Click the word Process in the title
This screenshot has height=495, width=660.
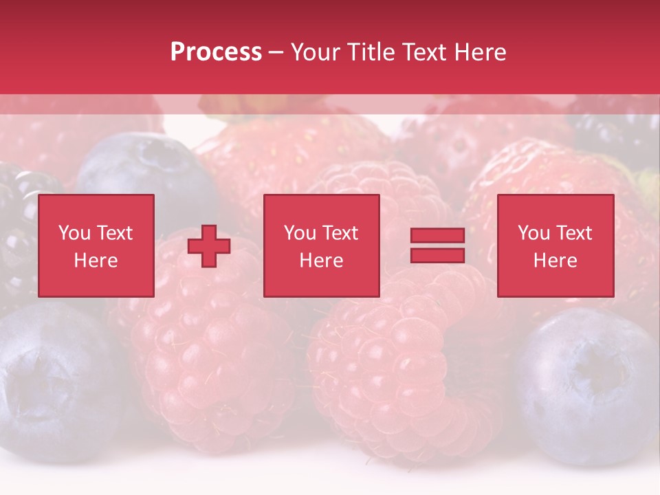[x=216, y=52]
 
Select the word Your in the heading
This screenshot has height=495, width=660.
[x=316, y=52]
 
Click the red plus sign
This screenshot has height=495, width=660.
[x=209, y=246]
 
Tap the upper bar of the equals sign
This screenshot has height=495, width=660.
[x=437, y=236]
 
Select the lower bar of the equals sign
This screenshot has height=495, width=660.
[x=437, y=256]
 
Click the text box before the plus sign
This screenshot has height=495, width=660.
[x=96, y=246]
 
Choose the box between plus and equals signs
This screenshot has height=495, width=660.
[x=321, y=246]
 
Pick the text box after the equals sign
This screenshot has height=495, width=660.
[x=555, y=246]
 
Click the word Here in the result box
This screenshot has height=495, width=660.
[x=555, y=261]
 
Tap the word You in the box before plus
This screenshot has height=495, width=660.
[x=74, y=233]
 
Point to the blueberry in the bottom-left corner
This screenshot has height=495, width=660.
[x=48, y=378]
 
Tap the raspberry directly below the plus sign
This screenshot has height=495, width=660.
[x=206, y=351]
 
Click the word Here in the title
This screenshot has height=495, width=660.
[x=479, y=52]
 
